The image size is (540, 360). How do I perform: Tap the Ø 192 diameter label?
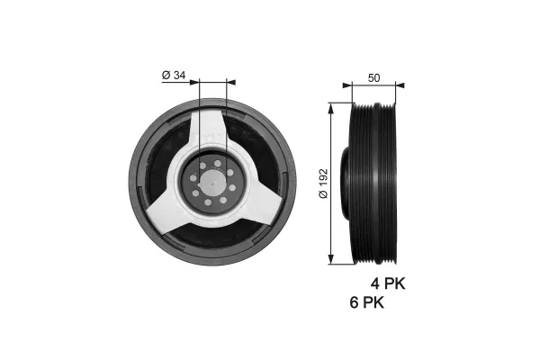tap(323, 184)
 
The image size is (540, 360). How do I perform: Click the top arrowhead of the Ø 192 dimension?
tap(333, 106)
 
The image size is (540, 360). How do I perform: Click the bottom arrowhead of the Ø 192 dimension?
tap(333, 260)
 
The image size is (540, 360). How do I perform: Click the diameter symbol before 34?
tap(166, 76)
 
